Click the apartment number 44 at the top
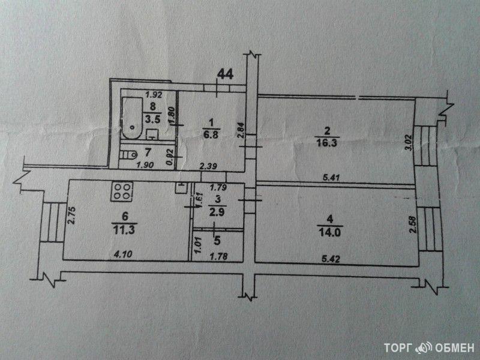[225, 74]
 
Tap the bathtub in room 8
[132, 116]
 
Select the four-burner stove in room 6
[122, 193]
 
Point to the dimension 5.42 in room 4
[329, 260]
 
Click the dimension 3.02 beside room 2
[409, 142]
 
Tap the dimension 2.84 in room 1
[241, 131]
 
